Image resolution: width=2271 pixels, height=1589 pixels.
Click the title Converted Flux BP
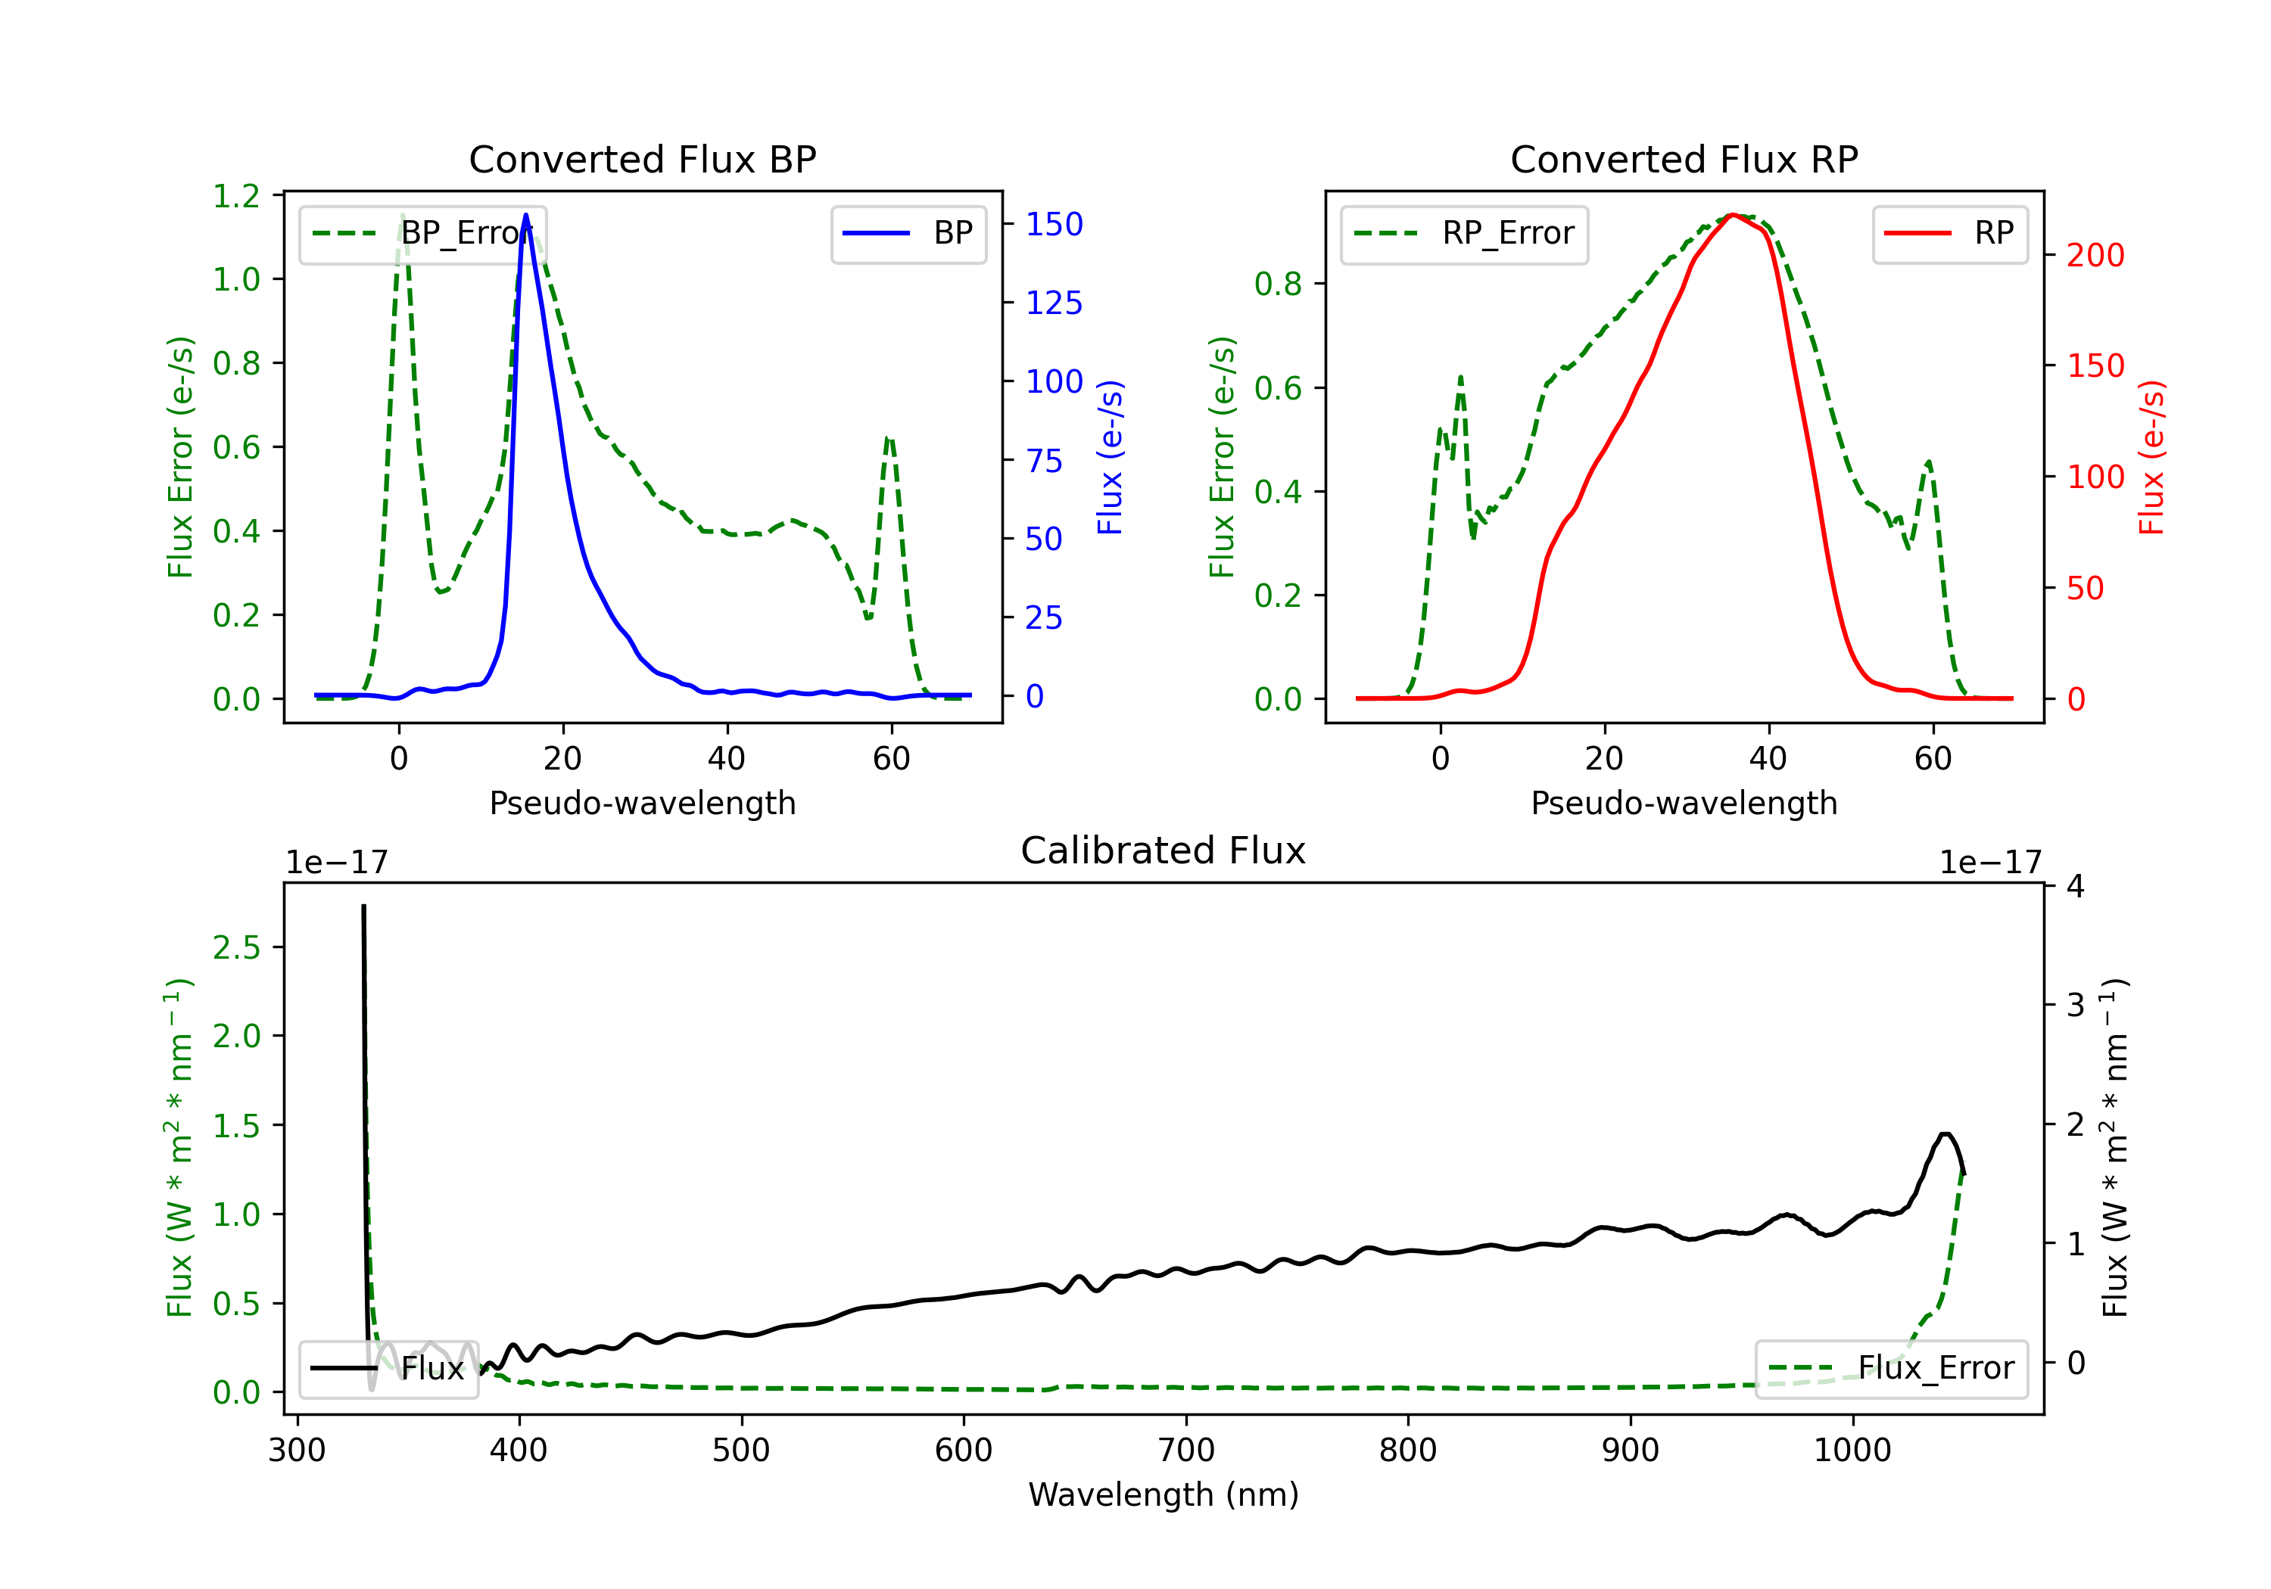pos(642,159)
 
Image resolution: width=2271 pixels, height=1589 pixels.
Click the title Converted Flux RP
pos(1684,159)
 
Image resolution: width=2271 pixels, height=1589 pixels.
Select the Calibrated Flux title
pos(1164,850)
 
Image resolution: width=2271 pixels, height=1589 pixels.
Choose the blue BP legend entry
pos(908,233)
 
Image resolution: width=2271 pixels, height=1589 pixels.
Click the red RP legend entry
pos(1949,233)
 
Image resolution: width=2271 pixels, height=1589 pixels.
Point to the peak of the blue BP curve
pos(525,215)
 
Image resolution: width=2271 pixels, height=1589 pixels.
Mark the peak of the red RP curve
pos(1733,215)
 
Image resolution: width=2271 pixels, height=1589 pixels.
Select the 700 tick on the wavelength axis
pos(1186,1450)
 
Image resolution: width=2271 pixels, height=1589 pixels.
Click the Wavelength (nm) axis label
pos(1164,1494)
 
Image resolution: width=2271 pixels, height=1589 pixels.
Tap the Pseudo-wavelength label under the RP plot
pos(1684,803)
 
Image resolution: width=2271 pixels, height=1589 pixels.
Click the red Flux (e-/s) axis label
pos(2151,458)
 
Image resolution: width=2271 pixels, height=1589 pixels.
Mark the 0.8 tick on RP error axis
pos(1279,284)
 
